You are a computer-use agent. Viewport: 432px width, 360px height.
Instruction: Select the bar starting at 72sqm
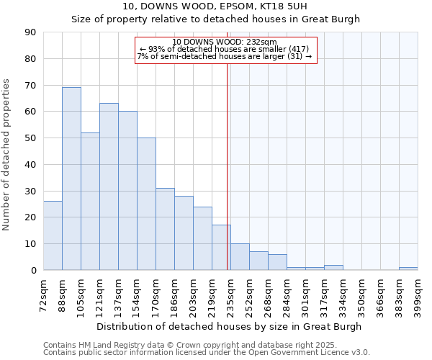click(x=53, y=235)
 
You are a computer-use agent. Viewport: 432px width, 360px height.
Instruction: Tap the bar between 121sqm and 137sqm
click(x=109, y=186)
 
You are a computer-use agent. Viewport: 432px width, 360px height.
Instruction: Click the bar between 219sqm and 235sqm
click(x=221, y=248)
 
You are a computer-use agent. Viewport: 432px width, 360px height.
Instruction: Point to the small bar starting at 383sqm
click(x=408, y=269)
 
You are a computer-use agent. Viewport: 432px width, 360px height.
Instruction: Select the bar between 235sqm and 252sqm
click(x=240, y=257)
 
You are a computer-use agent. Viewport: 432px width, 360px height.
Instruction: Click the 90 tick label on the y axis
click(x=30, y=32)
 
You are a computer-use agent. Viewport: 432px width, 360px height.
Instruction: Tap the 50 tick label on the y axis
click(x=30, y=138)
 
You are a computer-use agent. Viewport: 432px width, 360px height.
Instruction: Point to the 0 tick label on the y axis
click(x=33, y=271)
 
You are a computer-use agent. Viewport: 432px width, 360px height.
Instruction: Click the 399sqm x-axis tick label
click(x=418, y=294)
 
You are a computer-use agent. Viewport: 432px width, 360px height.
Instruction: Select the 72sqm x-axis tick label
click(x=43, y=294)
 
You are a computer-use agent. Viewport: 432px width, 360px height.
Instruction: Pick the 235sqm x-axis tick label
click(x=230, y=294)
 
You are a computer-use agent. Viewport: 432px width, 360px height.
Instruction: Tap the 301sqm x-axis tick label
click(x=305, y=294)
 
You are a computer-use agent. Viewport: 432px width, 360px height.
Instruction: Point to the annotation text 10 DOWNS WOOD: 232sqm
click(x=225, y=42)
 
